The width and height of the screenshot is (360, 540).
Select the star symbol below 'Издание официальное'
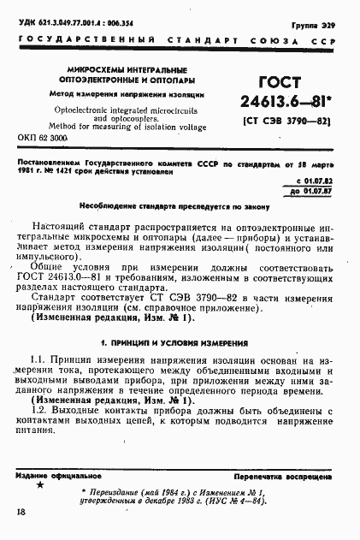tap(40, 484)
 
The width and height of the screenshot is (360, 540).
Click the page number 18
tap(21, 513)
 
